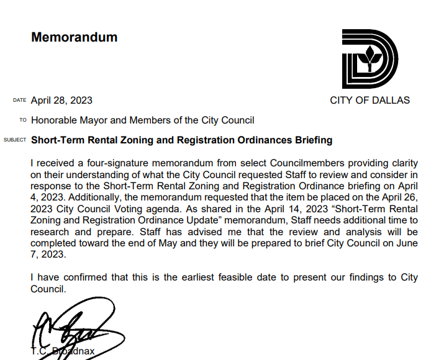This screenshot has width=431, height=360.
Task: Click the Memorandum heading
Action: pos(74,37)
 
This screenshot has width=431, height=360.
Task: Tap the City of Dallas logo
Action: pos(370,59)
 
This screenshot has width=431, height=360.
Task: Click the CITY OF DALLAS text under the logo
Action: pos(370,100)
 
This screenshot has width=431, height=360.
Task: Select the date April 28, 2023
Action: pos(61,100)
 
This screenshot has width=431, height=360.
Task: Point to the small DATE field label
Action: pos(19,101)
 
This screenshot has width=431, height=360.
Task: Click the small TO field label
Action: pos(23,120)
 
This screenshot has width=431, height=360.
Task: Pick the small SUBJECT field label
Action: pos(15,140)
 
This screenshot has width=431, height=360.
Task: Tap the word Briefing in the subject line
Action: pos(312,140)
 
